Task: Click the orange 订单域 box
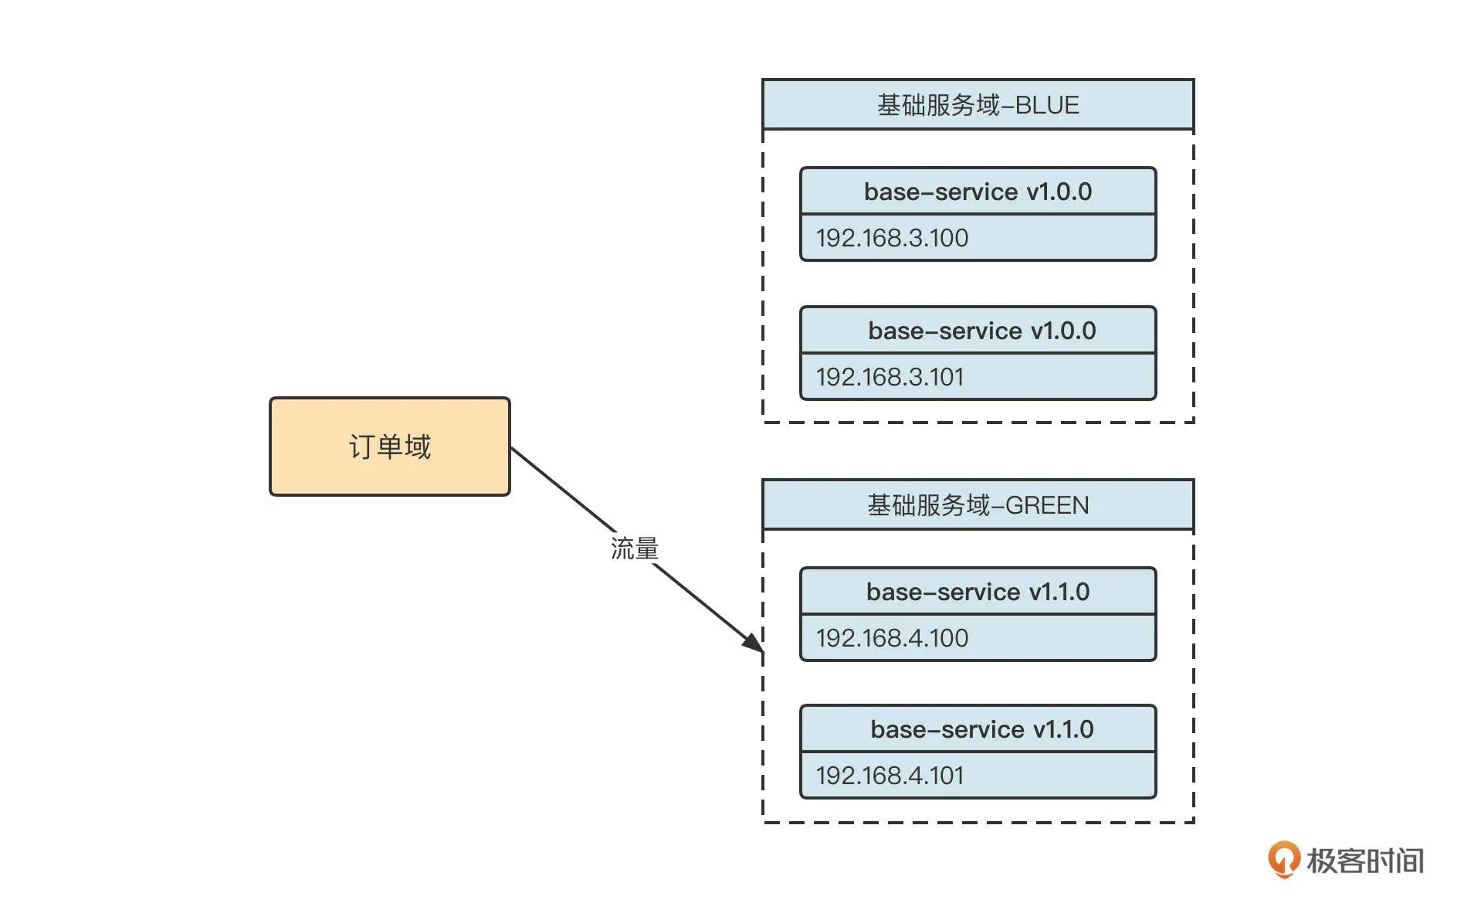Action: coord(389,447)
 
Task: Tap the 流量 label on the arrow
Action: coord(634,548)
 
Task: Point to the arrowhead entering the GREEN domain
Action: coord(753,643)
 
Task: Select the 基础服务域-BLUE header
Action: coord(978,104)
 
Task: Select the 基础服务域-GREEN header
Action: coord(978,504)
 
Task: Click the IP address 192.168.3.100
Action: coord(892,238)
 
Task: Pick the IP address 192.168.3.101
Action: coord(890,377)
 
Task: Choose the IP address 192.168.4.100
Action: coord(892,638)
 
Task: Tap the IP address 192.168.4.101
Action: coord(890,776)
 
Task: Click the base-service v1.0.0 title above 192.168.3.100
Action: coord(978,192)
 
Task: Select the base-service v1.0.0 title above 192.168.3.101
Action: coord(981,331)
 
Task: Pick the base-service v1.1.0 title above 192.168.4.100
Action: coord(978,592)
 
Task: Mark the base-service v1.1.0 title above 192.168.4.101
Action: coord(981,729)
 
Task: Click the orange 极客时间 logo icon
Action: coord(1283,859)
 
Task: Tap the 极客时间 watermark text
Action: coord(1365,861)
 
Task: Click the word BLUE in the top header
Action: coord(1047,104)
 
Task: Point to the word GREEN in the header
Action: coord(1047,504)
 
